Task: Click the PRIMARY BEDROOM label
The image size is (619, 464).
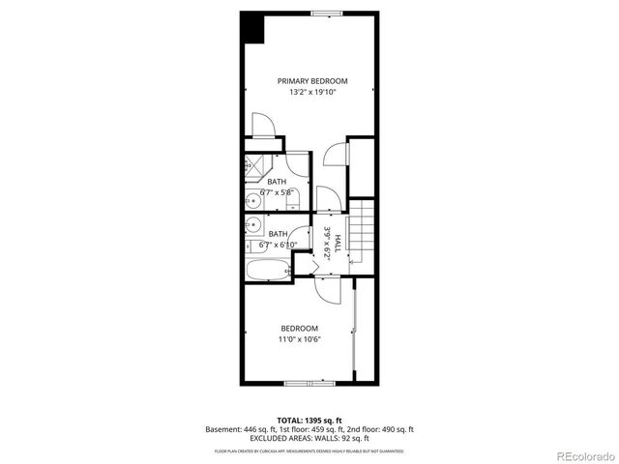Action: pos(312,81)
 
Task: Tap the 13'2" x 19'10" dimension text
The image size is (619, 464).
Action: pos(312,93)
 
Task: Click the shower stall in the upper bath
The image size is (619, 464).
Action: pos(256,164)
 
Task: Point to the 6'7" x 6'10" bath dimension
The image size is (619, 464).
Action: pos(278,245)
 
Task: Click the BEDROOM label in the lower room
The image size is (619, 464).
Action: pos(299,329)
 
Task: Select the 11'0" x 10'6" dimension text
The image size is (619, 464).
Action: pos(299,339)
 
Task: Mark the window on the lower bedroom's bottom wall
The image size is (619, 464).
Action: pos(311,383)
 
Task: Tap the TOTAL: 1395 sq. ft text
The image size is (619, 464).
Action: pos(309,420)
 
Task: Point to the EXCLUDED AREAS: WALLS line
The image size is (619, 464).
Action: pos(309,439)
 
